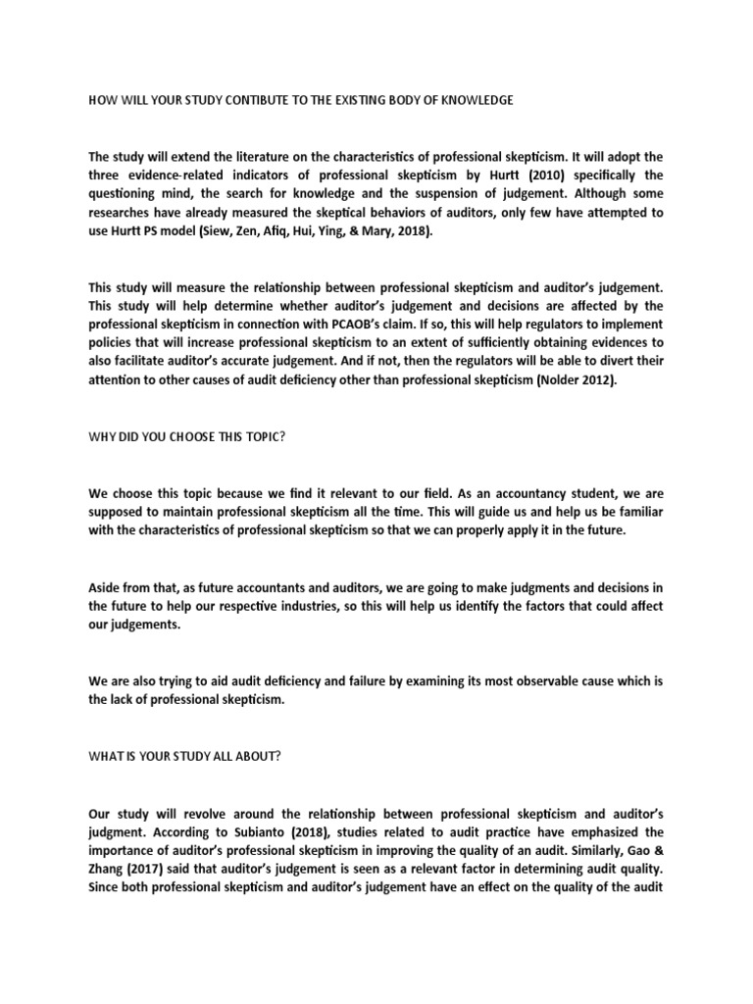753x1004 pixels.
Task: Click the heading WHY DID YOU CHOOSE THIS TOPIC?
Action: (186, 434)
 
